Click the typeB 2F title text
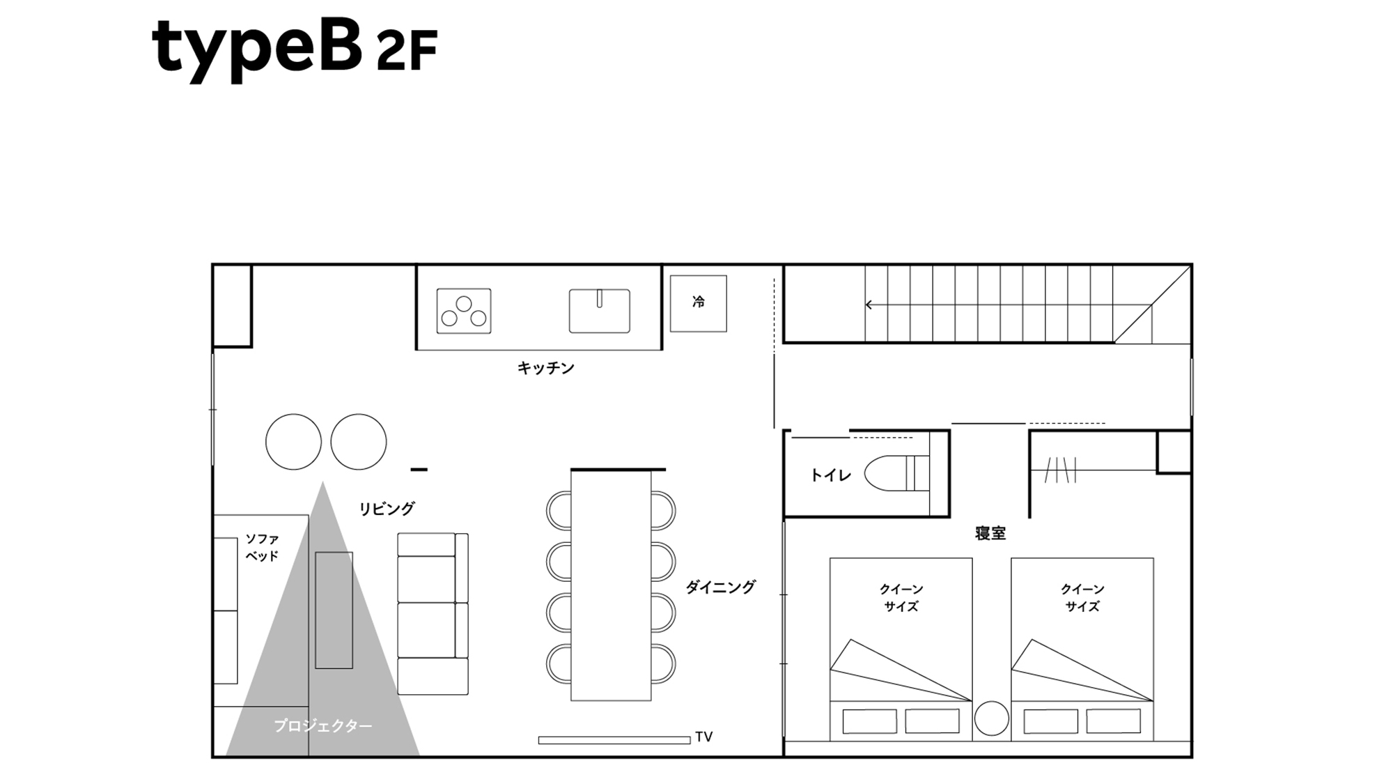point(294,47)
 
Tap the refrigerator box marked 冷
point(698,303)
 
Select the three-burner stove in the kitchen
point(464,312)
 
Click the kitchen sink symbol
point(599,311)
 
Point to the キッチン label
point(545,368)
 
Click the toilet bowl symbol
point(895,474)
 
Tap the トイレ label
point(830,476)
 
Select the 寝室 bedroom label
point(990,534)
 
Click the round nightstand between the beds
point(991,718)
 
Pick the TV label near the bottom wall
point(703,737)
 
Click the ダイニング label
point(720,587)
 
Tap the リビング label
point(387,509)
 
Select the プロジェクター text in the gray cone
point(322,726)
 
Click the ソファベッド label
point(262,548)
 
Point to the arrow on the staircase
point(870,305)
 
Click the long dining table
point(611,585)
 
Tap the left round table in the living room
point(293,442)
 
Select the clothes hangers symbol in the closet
point(1061,470)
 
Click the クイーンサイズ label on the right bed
point(1082,598)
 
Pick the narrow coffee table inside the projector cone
point(334,610)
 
